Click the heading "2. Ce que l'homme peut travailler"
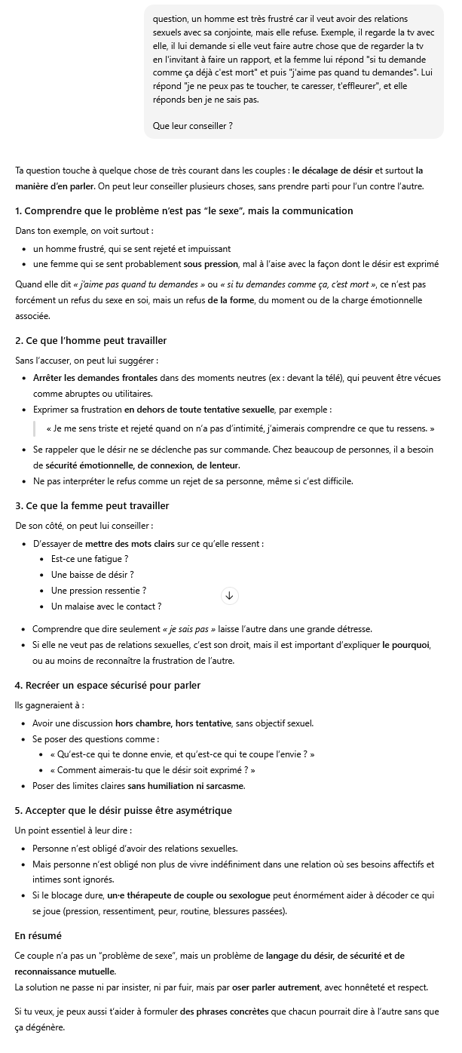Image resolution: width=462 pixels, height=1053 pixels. coord(91,341)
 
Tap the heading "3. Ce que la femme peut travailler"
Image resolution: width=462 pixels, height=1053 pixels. coord(92,505)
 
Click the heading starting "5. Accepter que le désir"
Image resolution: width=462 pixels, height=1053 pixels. coord(124,810)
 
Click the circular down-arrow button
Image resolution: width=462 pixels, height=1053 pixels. coord(230,596)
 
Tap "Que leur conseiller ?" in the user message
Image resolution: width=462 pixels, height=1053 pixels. coord(192,126)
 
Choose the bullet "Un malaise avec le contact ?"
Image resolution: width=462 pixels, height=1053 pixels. coord(106,606)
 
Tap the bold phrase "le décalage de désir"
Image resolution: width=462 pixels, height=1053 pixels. coord(332,171)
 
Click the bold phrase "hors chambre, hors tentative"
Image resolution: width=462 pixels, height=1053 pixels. coord(173,723)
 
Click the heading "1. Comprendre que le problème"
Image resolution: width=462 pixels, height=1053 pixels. coord(184,210)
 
